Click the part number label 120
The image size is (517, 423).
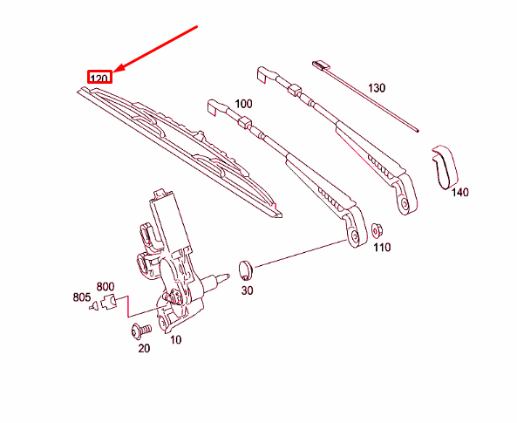[x=99, y=78]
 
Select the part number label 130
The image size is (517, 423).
[x=377, y=88]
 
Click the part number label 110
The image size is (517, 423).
[x=382, y=248]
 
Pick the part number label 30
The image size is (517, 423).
[x=247, y=290]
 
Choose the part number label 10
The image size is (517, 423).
[x=175, y=339]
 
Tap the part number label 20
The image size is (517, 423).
[x=144, y=348]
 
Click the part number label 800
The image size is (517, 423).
[x=105, y=286]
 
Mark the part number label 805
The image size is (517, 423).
[x=81, y=297]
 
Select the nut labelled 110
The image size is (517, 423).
[x=377, y=231]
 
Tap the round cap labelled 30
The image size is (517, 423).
[x=245, y=266]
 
